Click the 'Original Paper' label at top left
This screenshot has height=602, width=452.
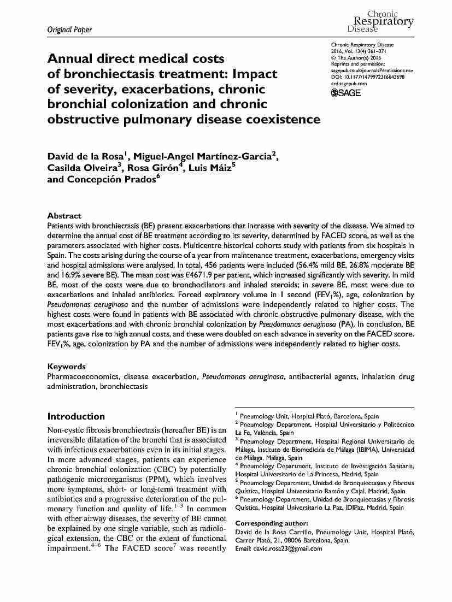coord(62,29)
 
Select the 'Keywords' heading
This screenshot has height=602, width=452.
coord(66,367)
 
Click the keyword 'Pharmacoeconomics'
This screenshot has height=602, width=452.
coord(83,376)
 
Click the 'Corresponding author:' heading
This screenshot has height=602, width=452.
coord(271,523)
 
